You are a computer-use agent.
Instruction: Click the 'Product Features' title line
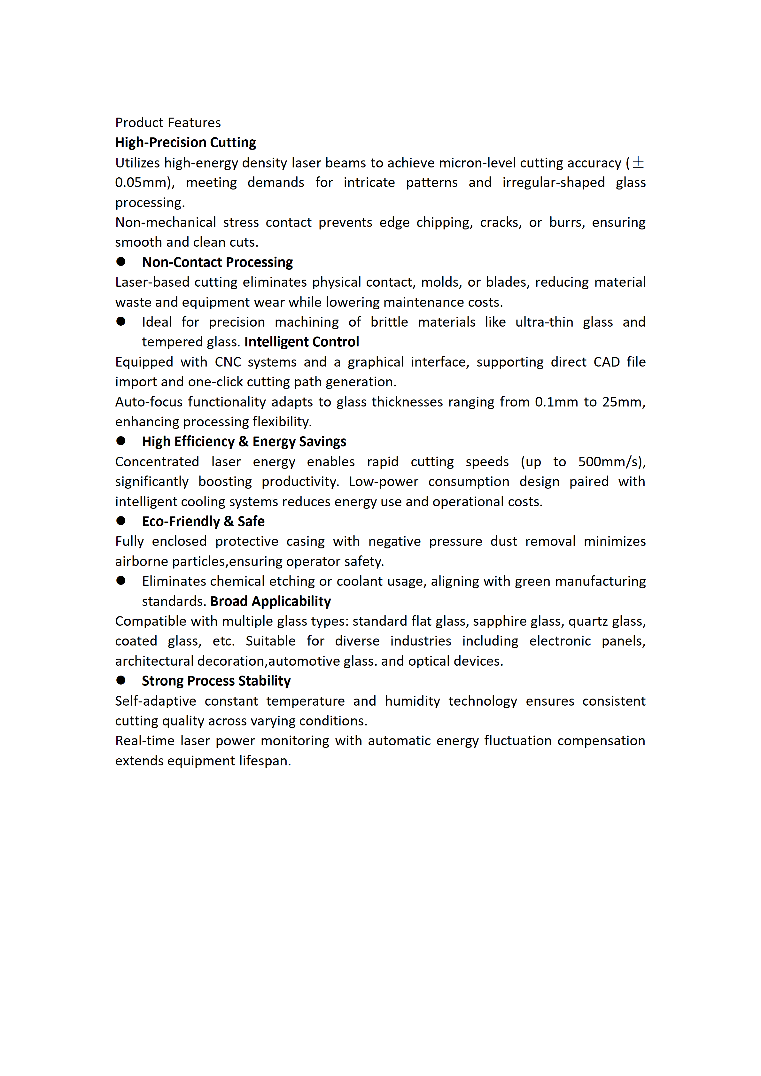point(168,123)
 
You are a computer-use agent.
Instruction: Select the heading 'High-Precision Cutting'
point(186,143)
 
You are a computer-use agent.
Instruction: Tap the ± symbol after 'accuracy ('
point(638,163)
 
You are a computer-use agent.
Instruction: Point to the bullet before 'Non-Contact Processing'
point(121,261)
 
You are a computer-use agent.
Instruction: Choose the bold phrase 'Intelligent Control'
point(301,342)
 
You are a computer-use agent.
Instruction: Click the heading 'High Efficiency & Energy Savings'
point(244,442)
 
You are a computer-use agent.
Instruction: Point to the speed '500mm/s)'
point(611,462)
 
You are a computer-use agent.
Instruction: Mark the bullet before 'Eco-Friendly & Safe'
point(121,521)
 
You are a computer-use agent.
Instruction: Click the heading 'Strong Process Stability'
point(216,681)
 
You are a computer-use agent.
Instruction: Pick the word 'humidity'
point(412,701)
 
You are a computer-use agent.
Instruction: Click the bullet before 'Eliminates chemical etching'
point(121,581)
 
